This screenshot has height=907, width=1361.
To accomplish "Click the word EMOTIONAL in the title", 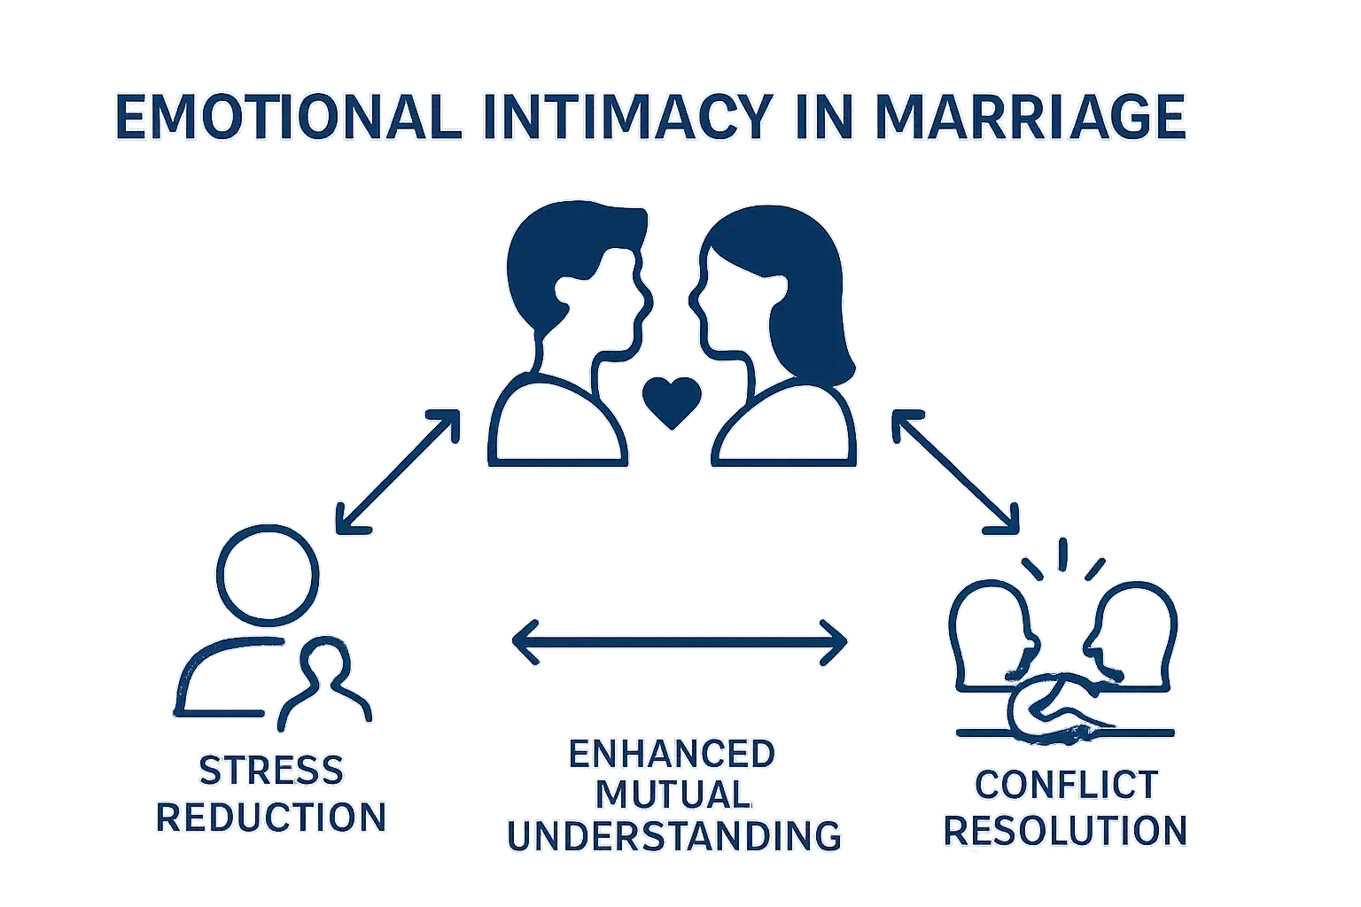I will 289,119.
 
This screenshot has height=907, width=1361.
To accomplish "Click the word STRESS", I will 271,771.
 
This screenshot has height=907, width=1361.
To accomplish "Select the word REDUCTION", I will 271,817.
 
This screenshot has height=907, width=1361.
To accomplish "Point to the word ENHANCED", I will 672,755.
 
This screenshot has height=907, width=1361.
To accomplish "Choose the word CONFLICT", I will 1066,785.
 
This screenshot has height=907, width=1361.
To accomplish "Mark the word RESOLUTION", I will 1065,831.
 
